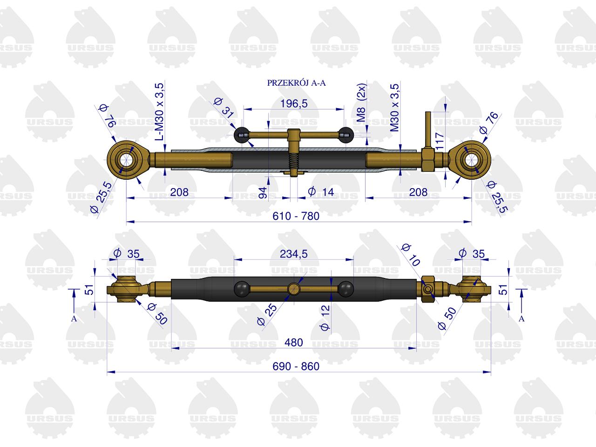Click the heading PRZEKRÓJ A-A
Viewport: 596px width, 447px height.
[x=296, y=83]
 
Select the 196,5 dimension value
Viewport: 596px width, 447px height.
[x=294, y=104]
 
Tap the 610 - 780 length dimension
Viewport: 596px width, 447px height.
[x=296, y=216]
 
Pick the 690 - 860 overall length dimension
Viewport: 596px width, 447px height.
[x=296, y=366]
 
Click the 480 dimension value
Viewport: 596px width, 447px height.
[x=294, y=343]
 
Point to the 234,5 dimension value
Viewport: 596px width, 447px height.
[x=294, y=254]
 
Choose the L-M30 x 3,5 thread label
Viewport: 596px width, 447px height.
[x=160, y=112]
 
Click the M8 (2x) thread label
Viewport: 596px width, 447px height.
[x=361, y=103]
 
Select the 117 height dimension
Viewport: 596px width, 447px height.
[x=440, y=141]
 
